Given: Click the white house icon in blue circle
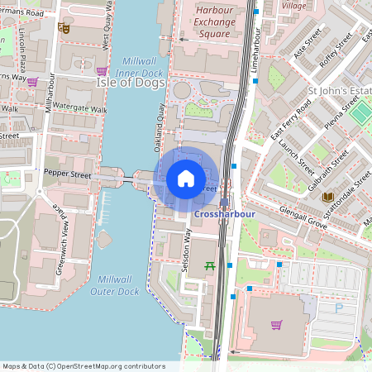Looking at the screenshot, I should (186, 178).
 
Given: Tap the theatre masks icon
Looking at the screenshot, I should (63, 27).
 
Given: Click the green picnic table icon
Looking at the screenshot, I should (210, 265).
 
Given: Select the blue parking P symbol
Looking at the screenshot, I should (337, 308).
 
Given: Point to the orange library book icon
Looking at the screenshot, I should (328, 196).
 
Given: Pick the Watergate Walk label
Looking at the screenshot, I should (81, 109).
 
